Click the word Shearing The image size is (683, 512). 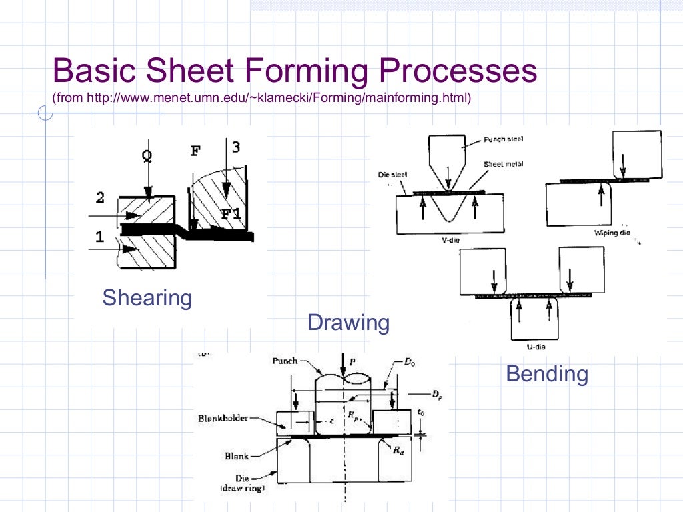point(147,297)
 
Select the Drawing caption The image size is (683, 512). point(348,323)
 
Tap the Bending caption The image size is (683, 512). point(547,374)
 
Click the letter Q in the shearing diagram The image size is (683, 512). point(147,155)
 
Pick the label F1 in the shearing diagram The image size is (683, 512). point(232,213)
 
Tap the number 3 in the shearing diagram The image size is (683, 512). point(235,147)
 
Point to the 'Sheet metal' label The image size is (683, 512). point(504,164)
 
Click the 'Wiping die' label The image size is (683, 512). point(612,233)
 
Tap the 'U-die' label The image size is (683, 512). point(528,346)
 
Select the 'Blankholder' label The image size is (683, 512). point(223,419)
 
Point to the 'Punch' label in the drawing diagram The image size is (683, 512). point(285,361)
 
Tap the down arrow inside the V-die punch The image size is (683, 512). point(448,175)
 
